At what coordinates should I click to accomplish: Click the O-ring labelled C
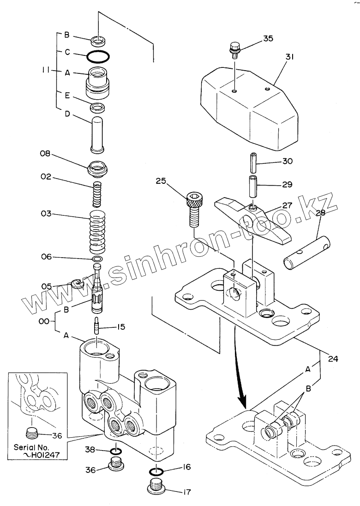pos(98,57)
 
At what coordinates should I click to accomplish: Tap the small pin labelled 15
pos(97,326)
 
